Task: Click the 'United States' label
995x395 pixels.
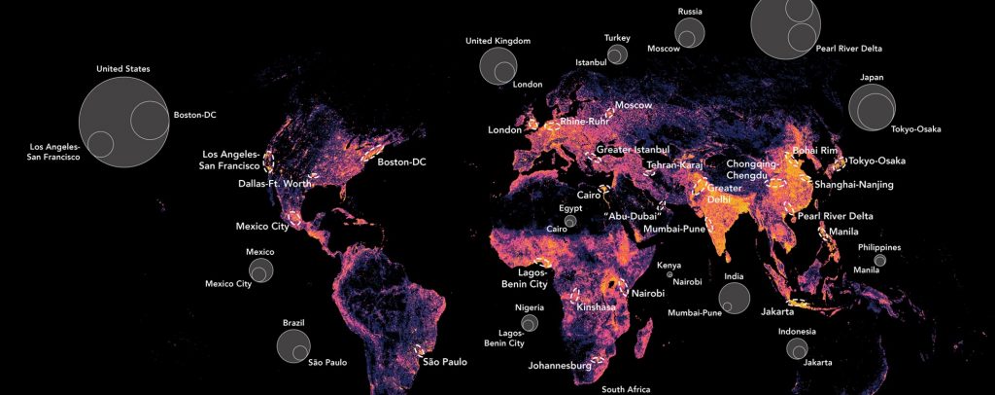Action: [123, 68]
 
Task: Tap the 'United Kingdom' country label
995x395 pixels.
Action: [497, 41]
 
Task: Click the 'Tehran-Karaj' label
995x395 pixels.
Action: [674, 165]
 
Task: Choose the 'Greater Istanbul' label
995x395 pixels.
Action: [634, 150]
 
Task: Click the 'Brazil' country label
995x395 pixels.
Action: [293, 321]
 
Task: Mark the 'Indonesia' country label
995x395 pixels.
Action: [797, 331]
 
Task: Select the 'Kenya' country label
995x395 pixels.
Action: [669, 265]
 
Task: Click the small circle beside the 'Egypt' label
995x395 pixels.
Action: [570, 222]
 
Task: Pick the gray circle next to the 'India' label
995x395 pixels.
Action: [734, 296]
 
